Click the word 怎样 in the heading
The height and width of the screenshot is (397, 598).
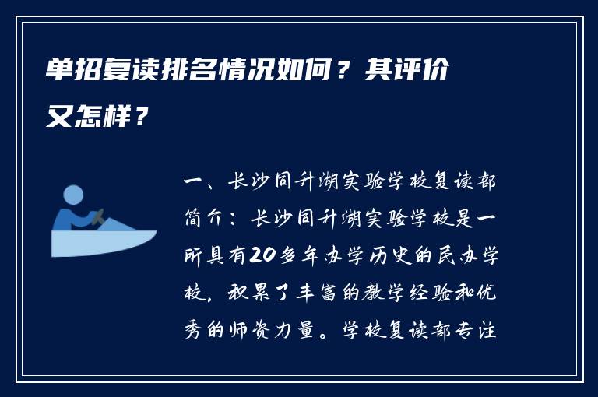(101, 118)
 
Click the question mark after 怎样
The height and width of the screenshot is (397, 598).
(139, 118)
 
